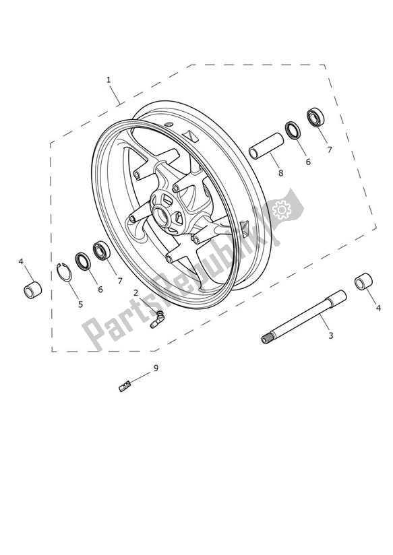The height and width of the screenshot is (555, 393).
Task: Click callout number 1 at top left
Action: pyautogui.click(x=109, y=79)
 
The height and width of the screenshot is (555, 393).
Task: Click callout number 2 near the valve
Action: pyautogui.click(x=135, y=292)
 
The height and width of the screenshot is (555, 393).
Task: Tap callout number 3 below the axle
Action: pyautogui.click(x=330, y=335)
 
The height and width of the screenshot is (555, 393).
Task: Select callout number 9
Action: pyautogui.click(x=156, y=368)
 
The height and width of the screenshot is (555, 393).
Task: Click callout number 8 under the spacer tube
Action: pyautogui.click(x=280, y=172)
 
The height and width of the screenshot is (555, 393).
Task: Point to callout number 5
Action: pyautogui.click(x=80, y=304)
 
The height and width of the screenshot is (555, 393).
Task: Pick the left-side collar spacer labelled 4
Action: pyautogui.click(x=33, y=290)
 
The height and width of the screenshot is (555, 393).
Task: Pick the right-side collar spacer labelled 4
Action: pyautogui.click(x=364, y=281)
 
